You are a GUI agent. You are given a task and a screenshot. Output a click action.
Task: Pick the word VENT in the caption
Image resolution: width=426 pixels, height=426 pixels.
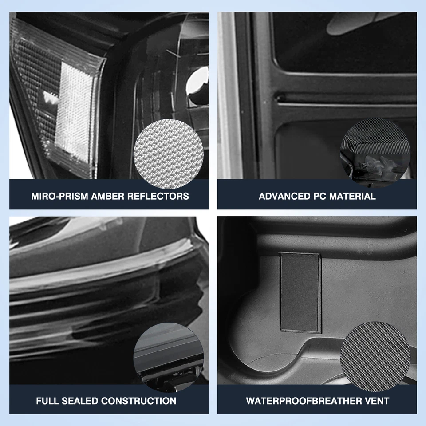[378, 401]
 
